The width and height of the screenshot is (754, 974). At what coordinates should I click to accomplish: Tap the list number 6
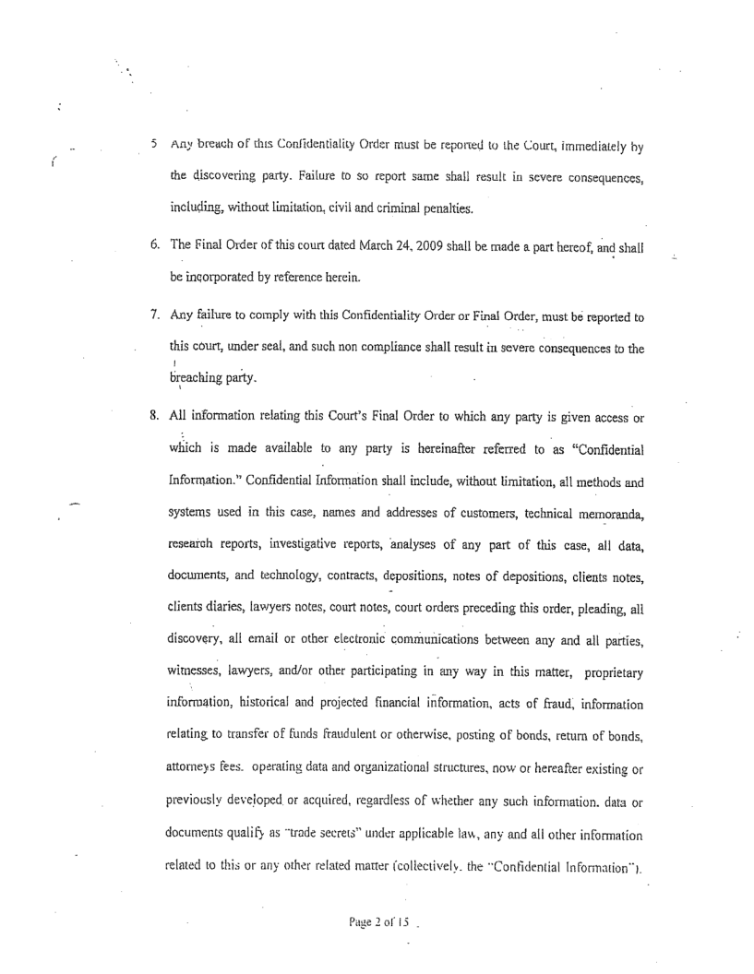(x=153, y=216)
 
